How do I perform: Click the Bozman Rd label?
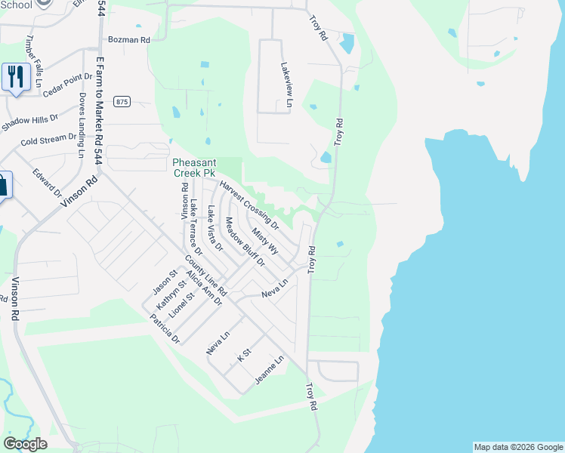(129, 39)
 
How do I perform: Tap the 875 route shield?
(122, 101)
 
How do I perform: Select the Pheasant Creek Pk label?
(195, 168)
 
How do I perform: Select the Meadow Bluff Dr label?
(245, 242)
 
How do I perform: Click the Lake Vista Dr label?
(215, 228)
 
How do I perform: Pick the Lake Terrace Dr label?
(196, 224)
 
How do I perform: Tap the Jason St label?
(164, 282)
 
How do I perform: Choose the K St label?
(243, 355)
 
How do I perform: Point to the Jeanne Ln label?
(269, 370)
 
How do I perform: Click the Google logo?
(25, 444)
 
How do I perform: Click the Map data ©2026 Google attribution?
(517, 447)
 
